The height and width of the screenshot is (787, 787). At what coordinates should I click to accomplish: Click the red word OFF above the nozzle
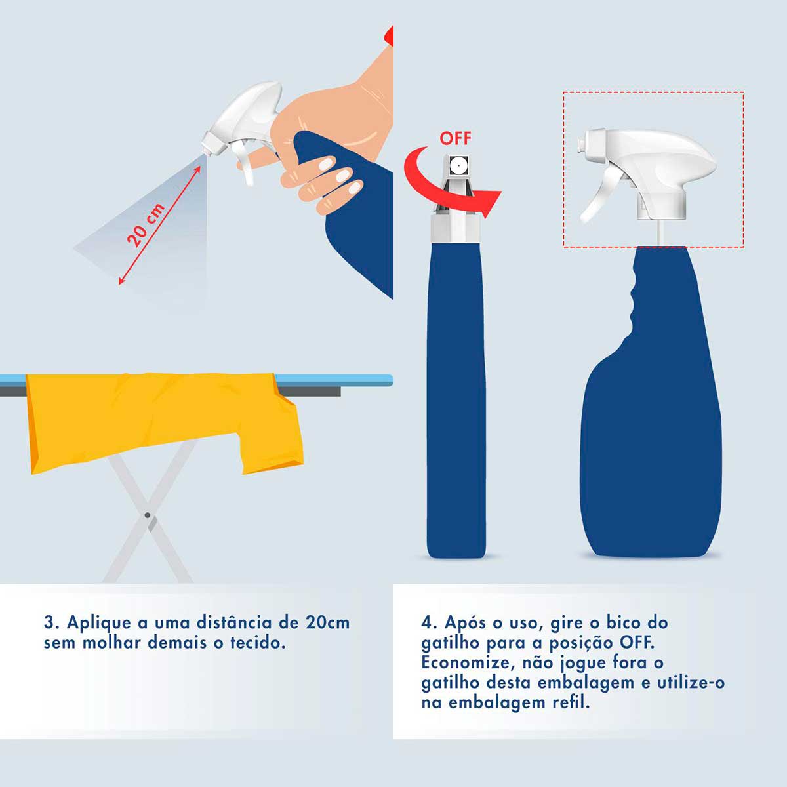click(x=455, y=138)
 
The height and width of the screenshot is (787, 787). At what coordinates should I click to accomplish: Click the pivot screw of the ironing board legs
click(x=148, y=515)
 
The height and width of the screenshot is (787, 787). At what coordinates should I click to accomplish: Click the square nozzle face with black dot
click(x=458, y=164)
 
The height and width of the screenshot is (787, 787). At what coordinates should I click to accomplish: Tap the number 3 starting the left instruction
click(x=49, y=622)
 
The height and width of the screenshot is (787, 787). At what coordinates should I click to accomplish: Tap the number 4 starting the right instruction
click(x=427, y=622)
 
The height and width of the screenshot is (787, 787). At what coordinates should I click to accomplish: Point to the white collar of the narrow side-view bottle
click(x=457, y=229)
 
